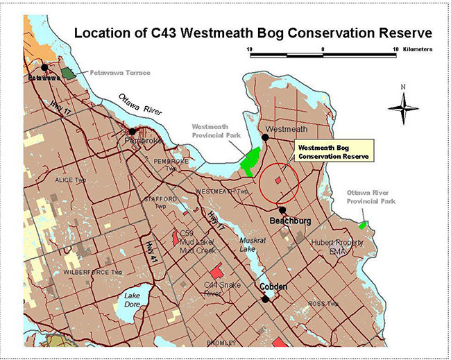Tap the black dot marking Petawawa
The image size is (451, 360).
click(45, 67)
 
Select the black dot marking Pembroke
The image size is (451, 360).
click(132, 130)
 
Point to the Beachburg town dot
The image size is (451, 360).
click(282, 209)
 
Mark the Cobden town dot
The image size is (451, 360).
click(266, 299)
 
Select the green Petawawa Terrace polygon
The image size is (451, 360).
click(68, 72)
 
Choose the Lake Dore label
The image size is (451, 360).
click(132, 300)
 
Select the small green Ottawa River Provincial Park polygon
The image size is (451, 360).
click(363, 225)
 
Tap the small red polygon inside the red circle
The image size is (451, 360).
click(278, 180)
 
